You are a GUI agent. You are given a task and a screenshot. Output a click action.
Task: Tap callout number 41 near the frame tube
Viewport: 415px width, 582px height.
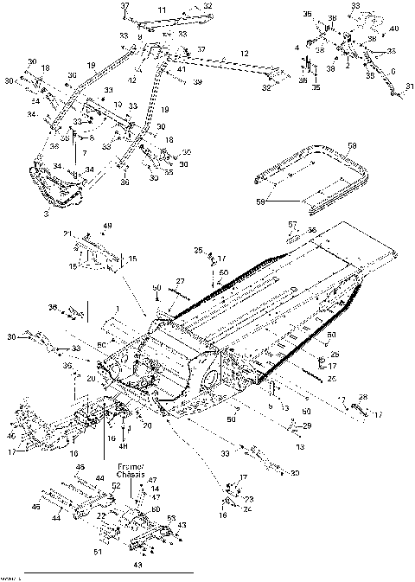tap(182, 69)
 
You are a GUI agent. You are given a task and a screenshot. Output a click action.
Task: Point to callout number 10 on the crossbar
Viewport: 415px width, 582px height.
tap(118, 105)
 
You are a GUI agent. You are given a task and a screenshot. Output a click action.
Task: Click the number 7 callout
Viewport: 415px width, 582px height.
tap(85, 153)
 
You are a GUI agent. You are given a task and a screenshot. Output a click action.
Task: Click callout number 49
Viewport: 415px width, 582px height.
tap(108, 227)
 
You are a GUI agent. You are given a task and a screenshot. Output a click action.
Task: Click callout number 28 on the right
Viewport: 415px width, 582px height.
tap(362, 397)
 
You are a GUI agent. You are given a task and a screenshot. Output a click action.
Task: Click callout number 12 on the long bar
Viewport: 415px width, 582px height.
tap(245, 54)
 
